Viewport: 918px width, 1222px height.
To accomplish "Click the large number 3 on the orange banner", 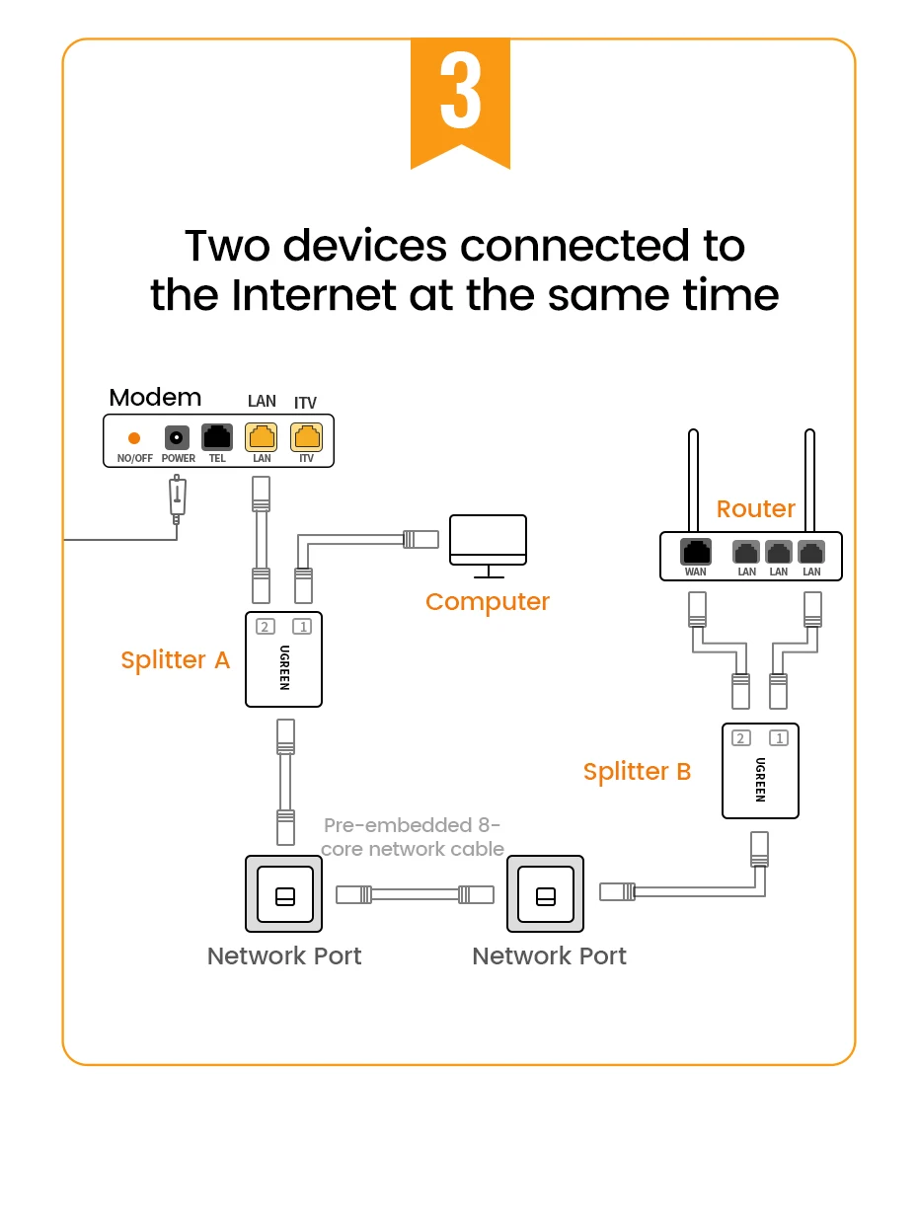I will pos(460,95).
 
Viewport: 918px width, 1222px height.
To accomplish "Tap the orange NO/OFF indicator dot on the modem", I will pos(134,437).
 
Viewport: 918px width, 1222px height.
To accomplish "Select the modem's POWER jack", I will pos(177,437).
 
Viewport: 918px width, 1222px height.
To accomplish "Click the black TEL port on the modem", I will pos(217,436).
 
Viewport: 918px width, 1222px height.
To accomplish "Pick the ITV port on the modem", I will pos(306,436).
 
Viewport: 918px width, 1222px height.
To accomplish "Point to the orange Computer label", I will pos(487,601).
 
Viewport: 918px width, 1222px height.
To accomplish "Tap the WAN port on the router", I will pos(696,553).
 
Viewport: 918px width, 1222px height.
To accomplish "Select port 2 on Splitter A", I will pos(265,626).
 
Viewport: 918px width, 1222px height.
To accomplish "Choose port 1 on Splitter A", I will pos(302,626).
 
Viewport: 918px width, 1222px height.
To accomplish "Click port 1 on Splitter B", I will pos(779,737).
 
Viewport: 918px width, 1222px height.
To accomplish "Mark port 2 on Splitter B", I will pos(741,737).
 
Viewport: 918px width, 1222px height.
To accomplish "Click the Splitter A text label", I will pos(175,659).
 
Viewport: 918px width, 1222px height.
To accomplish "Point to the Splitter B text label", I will pos(637,771).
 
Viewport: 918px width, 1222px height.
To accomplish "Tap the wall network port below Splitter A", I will pos(284,894).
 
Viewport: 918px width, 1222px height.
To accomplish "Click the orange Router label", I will pos(755,508).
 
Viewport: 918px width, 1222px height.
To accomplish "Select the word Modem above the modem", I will pos(155,397).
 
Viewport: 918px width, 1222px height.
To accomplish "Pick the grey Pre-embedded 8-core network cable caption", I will pos(413,836).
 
